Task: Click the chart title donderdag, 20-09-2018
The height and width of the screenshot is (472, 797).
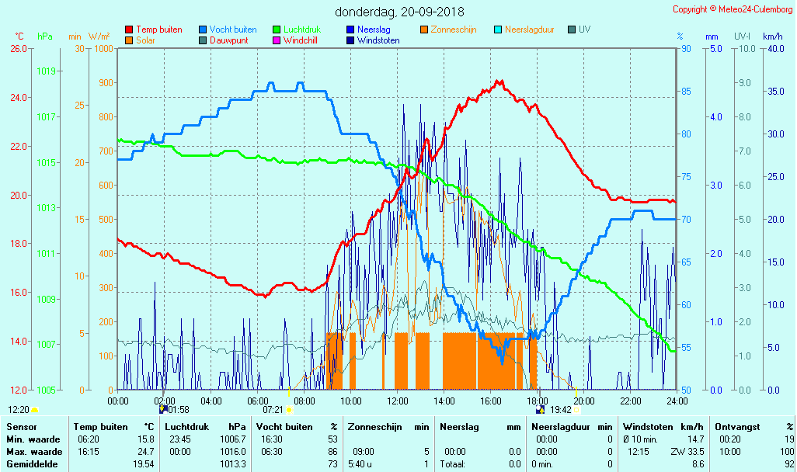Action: (399, 12)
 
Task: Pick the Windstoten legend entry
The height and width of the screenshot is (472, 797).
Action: (378, 40)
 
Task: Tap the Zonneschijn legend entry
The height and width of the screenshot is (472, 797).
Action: (453, 29)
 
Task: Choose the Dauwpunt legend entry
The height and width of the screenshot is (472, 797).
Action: (229, 40)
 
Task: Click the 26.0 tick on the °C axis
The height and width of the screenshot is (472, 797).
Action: (16, 48)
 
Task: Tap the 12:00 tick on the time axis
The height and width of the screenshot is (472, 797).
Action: (398, 401)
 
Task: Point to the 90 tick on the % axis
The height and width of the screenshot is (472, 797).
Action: (686, 48)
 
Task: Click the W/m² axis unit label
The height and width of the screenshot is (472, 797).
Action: (99, 36)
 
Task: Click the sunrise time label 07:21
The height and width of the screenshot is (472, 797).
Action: (273, 409)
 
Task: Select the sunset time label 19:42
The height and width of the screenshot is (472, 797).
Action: (561, 409)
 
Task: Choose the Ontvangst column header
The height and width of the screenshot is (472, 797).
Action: (737, 427)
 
